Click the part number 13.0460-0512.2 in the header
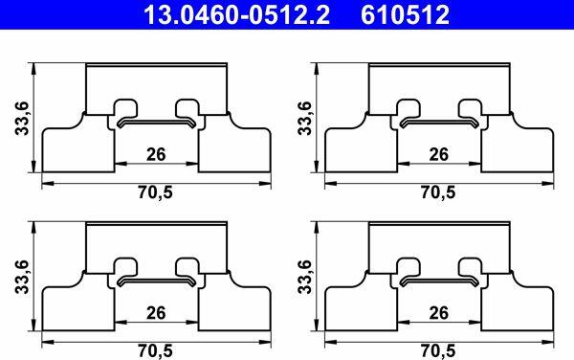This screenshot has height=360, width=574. pos(236,15)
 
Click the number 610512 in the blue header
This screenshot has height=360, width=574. pos(406,15)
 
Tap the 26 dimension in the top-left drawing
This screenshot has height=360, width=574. pos(156,154)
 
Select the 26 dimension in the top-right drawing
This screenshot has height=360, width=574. pos(438,154)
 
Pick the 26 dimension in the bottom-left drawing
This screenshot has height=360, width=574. pos(156,313)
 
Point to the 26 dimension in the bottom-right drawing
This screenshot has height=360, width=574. pos(438,313)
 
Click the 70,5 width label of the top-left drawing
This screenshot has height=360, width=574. pos(155,192)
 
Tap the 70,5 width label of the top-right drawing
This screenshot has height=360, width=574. pos(438,192)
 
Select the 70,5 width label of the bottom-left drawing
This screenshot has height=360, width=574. pos(155,351)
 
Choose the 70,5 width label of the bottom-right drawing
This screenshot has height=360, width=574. pos(438,351)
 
